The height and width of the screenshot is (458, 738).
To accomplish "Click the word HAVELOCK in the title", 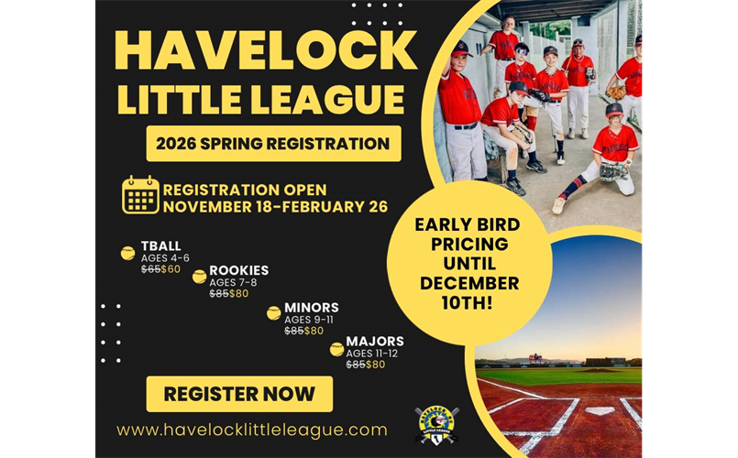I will point(265,49).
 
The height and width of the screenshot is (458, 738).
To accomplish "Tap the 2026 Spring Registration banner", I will point(273,144).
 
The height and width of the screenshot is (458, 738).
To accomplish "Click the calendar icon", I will point(140,195).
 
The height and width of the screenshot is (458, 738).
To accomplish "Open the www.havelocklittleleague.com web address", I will point(252,430).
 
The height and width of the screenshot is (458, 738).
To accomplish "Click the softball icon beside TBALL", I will point(127,253).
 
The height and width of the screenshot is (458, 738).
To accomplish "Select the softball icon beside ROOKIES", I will point(199,277).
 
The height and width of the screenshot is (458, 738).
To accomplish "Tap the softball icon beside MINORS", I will point(273,313).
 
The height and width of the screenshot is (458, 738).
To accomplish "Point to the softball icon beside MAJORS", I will point(336,349).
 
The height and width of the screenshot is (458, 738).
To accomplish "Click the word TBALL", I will point(160,245).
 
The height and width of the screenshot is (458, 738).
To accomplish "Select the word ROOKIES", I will point(238,270).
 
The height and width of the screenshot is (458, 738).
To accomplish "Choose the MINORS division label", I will point(311,307).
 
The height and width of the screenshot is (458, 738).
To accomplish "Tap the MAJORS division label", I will point(374,342).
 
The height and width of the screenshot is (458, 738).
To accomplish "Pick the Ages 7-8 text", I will point(235,282).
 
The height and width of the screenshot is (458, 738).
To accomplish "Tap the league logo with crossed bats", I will point(436,424).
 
